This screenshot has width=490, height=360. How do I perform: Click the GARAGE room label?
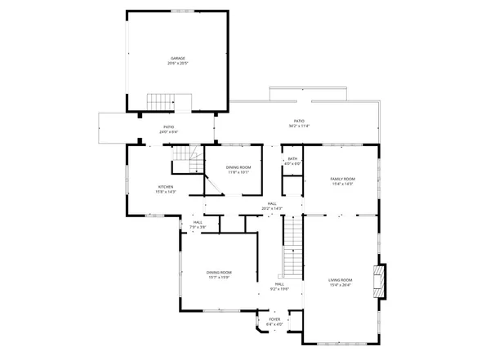[176, 58]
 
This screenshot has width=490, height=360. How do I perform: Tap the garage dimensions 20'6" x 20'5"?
[176, 63]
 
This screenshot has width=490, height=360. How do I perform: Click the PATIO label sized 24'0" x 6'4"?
[168, 127]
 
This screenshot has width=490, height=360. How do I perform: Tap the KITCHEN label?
[166, 187]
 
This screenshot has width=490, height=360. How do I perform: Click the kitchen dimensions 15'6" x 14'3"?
[166, 192]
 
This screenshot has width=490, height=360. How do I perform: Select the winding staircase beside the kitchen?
[187, 160]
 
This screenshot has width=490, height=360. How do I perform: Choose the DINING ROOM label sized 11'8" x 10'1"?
[238, 167]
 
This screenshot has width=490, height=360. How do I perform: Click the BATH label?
[292, 158]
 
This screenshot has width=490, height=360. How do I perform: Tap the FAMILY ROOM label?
[342, 179]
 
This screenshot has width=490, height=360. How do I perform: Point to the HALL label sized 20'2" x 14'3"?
[272, 203]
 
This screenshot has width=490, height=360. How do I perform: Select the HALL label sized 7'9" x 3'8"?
[198, 222]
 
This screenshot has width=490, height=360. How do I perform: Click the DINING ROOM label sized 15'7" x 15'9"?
[219, 272]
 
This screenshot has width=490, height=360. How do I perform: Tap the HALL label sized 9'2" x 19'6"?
[280, 283]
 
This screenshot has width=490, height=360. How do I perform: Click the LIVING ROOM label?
[341, 280]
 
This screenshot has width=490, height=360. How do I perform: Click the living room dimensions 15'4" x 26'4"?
[341, 285]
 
